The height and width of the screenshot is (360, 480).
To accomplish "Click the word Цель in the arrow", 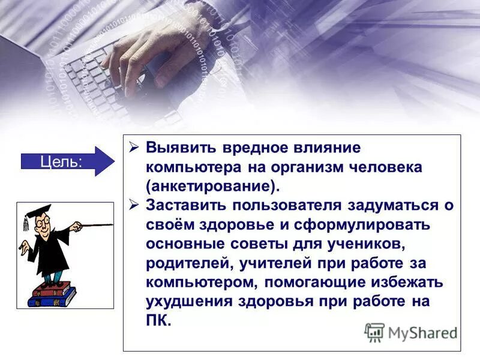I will point(61,161).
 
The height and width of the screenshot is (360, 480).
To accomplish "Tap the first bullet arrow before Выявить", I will point(134,148).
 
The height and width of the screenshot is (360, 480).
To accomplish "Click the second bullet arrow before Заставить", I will point(134,205).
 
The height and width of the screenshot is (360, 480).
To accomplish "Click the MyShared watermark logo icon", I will point(375,332).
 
